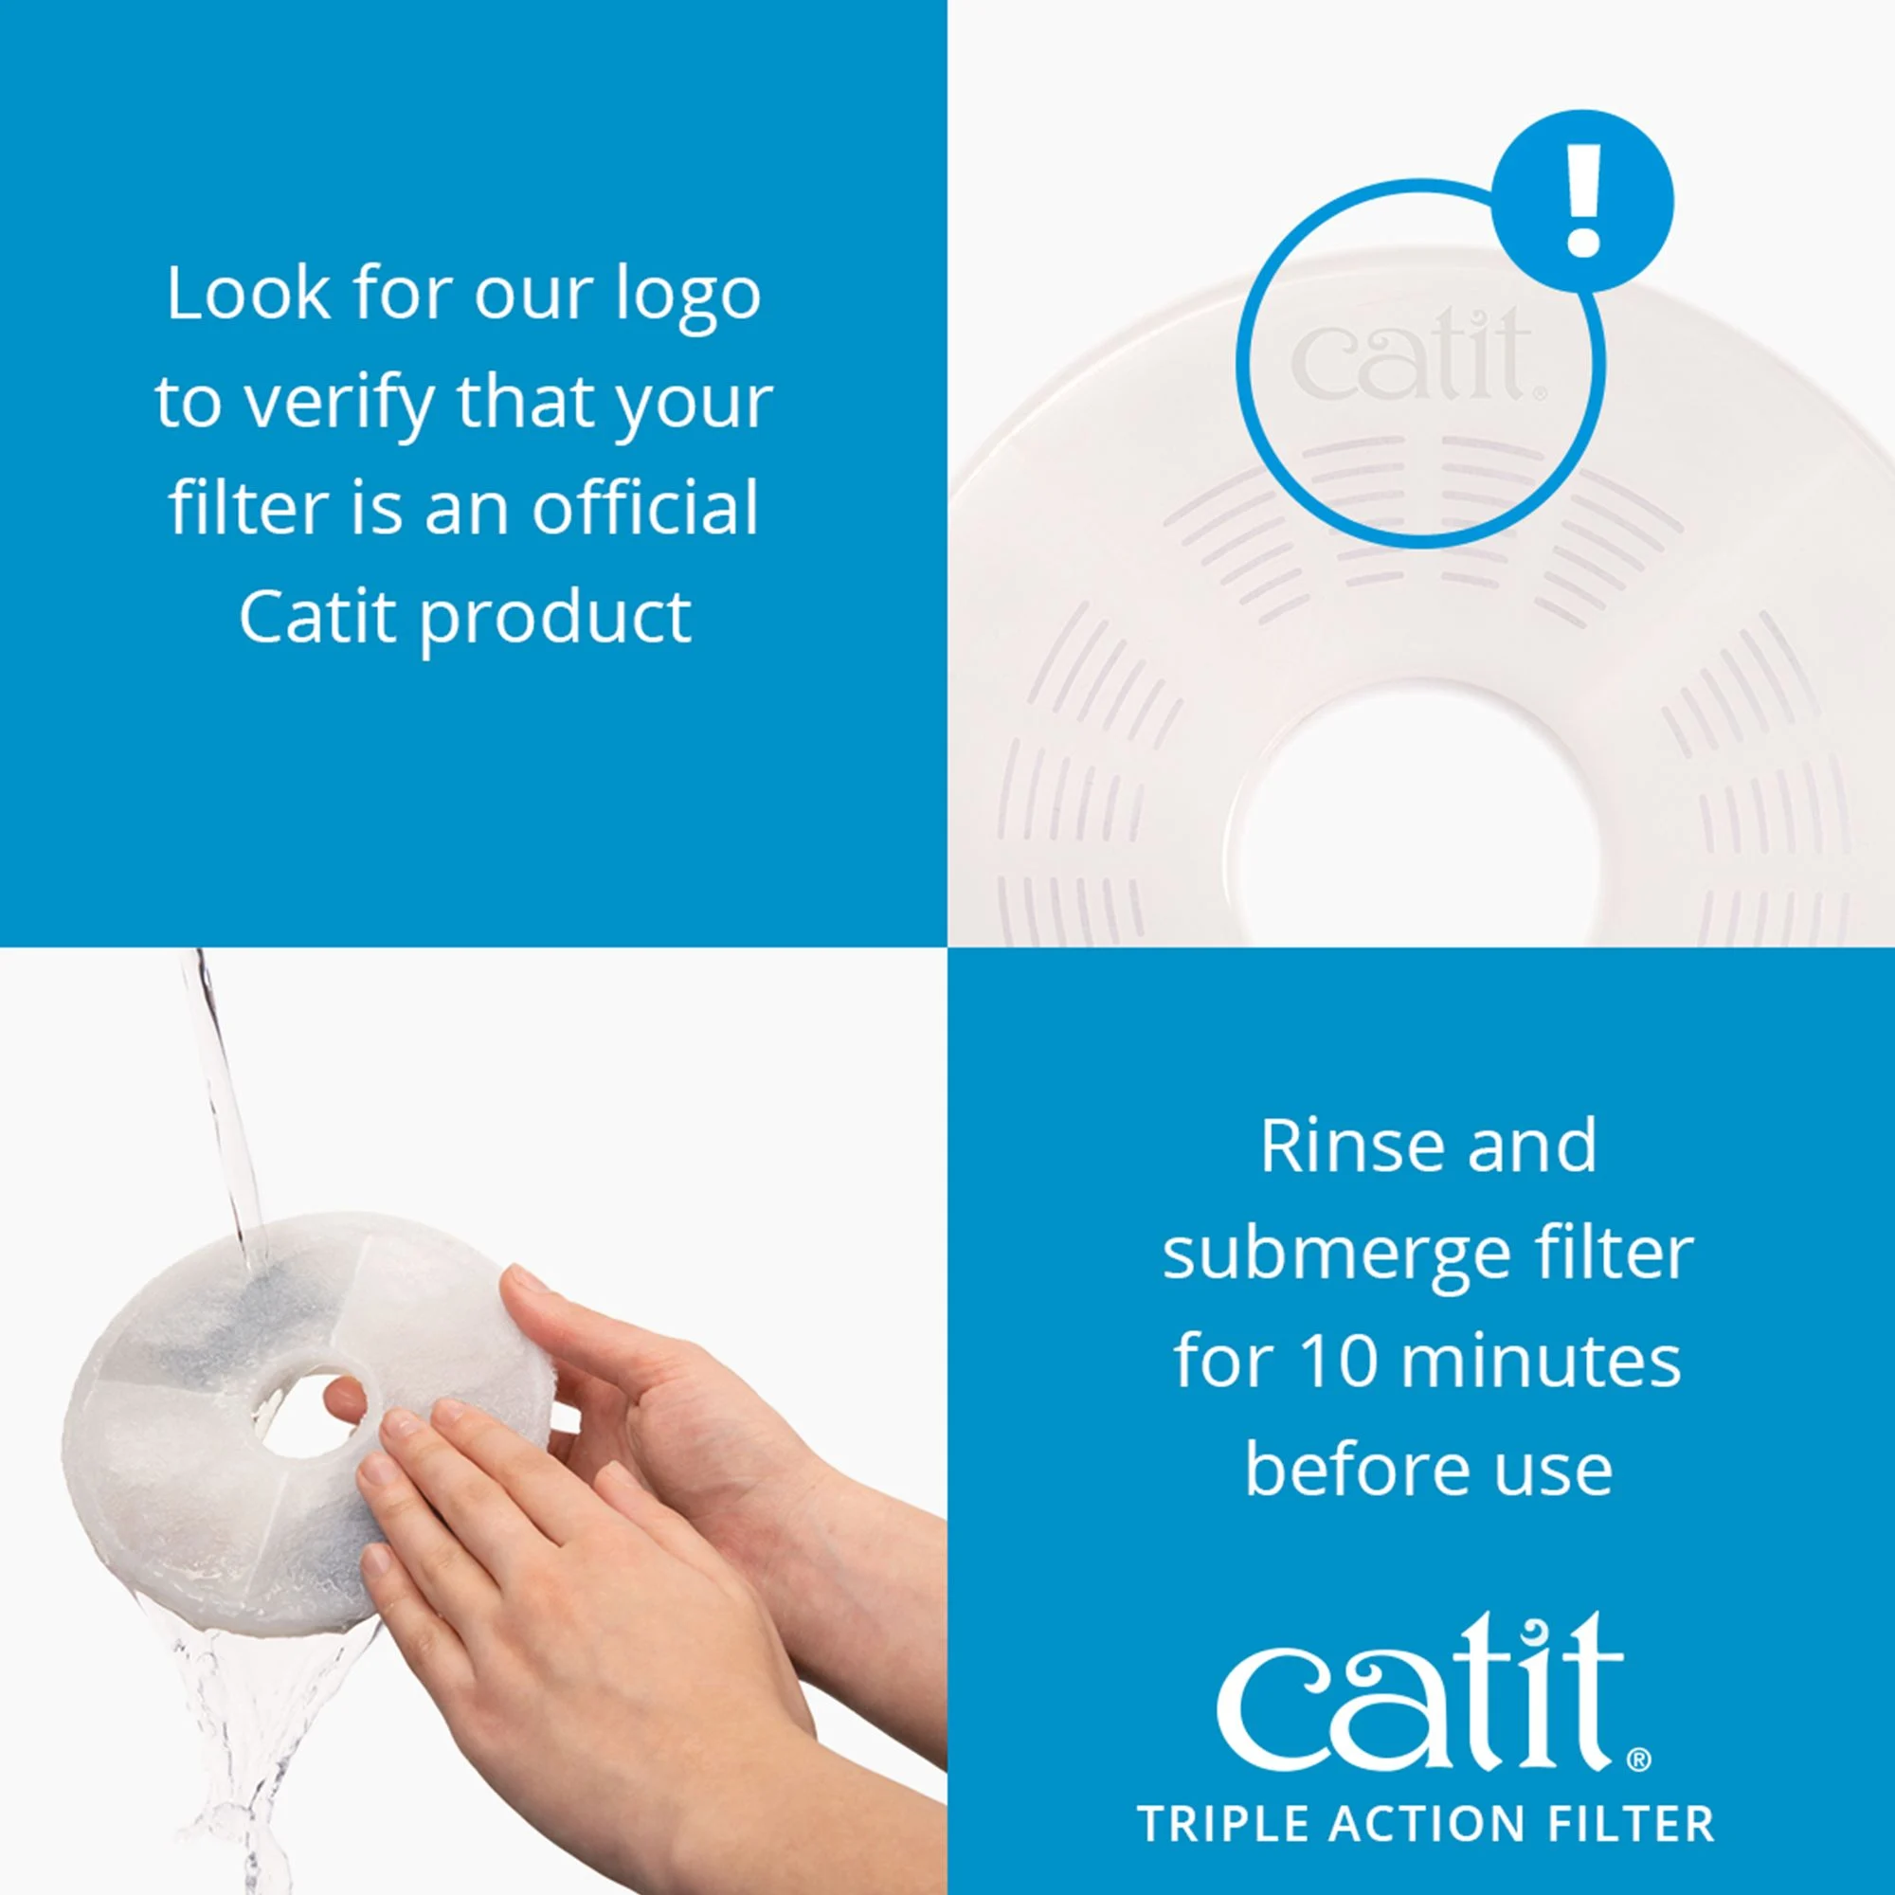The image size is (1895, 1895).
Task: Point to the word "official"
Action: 644,507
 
